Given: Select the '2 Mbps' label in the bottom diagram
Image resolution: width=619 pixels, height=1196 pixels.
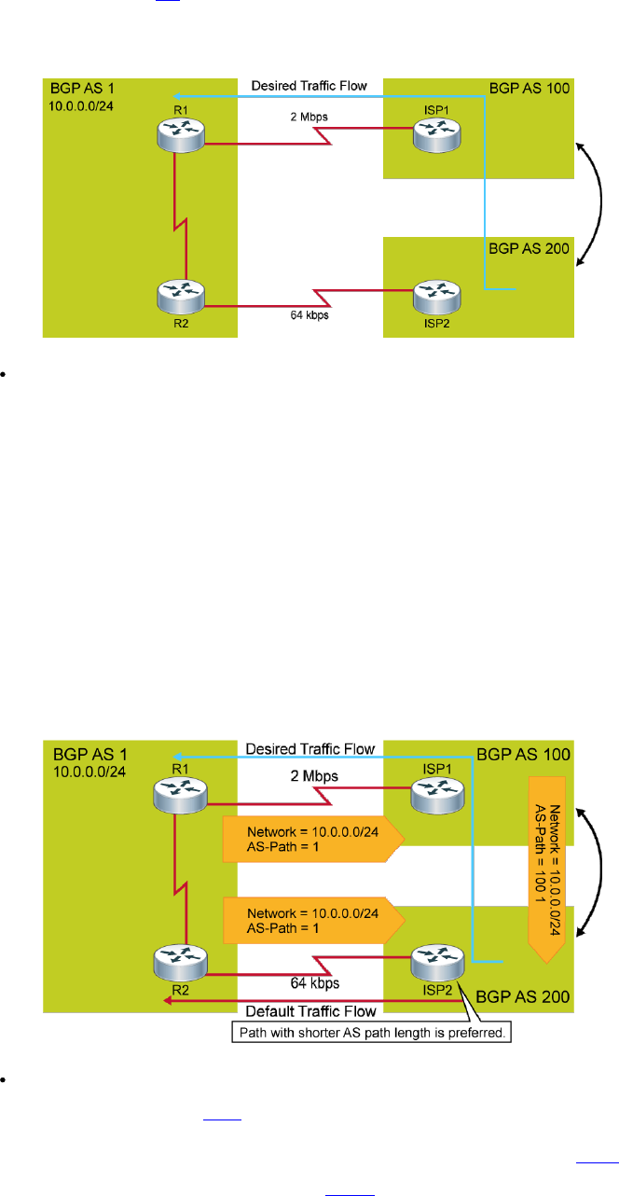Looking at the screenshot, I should pyautogui.click(x=312, y=776).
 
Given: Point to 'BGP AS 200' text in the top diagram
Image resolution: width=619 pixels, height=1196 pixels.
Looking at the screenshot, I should pyautogui.click(x=530, y=250).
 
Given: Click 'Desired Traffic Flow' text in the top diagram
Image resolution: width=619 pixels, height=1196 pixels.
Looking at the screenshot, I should pyautogui.click(x=309, y=87).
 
